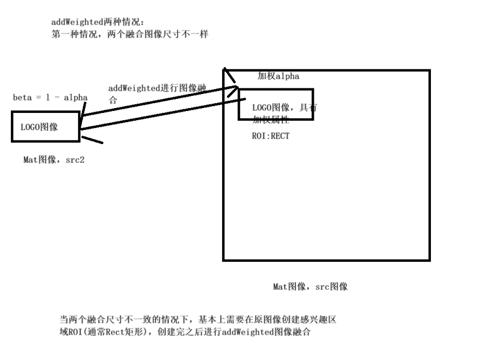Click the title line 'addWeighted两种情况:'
[x=96, y=23]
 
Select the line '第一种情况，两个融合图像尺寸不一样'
[x=129, y=34]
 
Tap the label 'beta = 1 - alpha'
[x=50, y=98]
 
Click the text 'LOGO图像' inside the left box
[x=39, y=128]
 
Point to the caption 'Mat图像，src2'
[x=54, y=160]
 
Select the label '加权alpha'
[x=278, y=76]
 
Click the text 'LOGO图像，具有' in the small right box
[x=284, y=108]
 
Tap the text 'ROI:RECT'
[x=270, y=136]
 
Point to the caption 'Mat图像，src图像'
[x=310, y=286]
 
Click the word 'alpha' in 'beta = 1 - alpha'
[x=75, y=98]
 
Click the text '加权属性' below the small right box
[x=270, y=121]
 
